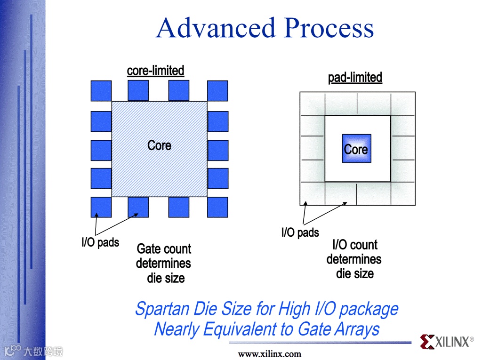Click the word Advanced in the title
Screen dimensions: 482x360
tap(216, 28)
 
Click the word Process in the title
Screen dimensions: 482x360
tap(329, 28)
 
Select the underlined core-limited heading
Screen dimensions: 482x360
tap(155, 71)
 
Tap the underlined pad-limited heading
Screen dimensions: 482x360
tap(355, 78)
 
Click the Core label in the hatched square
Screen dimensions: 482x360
tap(159, 145)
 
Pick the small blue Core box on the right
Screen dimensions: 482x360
tap(356, 149)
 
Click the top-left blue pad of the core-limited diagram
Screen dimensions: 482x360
tap(101, 91)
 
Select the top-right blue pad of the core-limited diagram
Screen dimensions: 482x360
tap(217, 91)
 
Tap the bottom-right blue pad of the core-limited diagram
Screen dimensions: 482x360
tap(217, 207)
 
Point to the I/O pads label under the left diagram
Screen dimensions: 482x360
tap(100, 243)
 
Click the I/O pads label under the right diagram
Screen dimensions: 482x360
tap(300, 232)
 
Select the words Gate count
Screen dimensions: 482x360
tap(164, 249)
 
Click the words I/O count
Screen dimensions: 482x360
tap(355, 245)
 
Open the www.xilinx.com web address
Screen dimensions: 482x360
tap(270, 354)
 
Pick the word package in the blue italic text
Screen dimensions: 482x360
tap(369, 310)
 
